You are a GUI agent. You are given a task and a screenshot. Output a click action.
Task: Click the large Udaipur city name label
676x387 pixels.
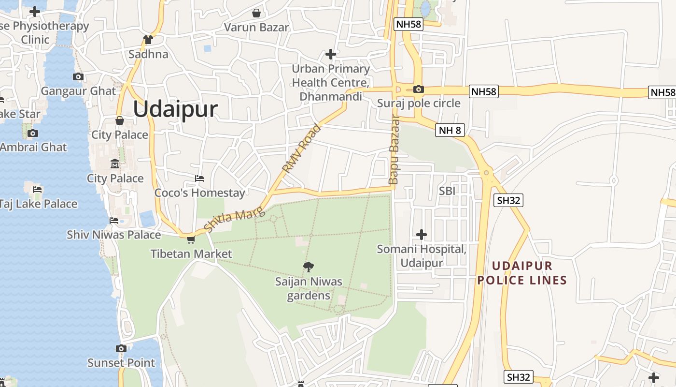pyautogui.click(x=175, y=110)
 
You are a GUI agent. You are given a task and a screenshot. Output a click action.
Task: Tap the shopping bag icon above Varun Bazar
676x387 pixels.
pyautogui.click(x=256, y=13)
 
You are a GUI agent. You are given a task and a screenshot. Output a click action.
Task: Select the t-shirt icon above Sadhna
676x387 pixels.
pyautogui.click(x=148, y=40)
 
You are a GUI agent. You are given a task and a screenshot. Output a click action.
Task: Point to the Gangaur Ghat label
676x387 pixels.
pyautogui.click(x=78, y=91)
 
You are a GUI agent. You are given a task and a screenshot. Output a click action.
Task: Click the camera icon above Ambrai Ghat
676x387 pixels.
pyautogui.click(x=33, y=133)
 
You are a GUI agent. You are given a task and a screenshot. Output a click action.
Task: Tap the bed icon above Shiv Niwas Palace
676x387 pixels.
pyautogui.click(x=114, y=221)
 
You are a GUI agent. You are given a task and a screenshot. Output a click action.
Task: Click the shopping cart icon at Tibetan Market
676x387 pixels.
pyautogui.click(x=191, y=239)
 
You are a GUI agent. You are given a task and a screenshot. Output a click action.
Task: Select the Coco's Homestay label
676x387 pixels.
pyautogui.click(x=199, y=193)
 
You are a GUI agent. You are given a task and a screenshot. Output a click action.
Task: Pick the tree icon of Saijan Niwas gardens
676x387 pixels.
pyautogui.click(x=309, y=267)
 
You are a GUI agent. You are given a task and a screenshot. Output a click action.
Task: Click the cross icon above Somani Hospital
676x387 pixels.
pyautogui.click(x=422, y=235)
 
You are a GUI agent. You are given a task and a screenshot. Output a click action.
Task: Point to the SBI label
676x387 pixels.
pyautogui.click(x=447, y=191)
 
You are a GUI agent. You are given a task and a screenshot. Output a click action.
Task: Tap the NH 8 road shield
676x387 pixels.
pyautogui.click(x=450, y=130)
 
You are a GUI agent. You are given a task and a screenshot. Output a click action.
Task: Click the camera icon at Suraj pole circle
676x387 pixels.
pyautogui.click(x=419, y=89)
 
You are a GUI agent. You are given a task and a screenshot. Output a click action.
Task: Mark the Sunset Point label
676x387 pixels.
pyautogui.click(x=121, y=363)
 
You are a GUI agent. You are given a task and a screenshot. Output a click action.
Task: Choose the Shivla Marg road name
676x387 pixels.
pyautogui.click(x=234, y=219)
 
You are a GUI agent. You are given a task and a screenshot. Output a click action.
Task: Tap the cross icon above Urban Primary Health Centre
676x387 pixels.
pyautogui.click(x=331, y=54)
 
